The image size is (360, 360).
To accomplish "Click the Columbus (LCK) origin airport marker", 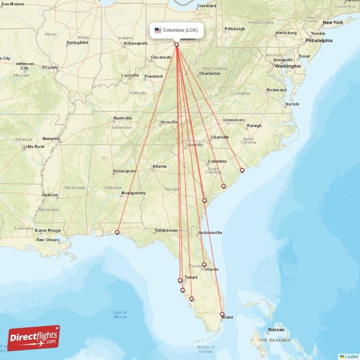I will point(176,45).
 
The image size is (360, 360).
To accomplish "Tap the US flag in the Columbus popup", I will point(158,31).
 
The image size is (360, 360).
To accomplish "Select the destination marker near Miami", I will point(222,314).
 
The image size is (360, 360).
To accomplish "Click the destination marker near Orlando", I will point(204,265).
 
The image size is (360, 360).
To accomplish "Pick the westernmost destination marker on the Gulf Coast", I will point(117,232).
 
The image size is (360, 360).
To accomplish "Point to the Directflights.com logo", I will point(34,337).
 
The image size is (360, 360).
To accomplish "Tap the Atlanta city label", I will point(159,166).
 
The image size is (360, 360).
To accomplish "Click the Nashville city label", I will point(122,118).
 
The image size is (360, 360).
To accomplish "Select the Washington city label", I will point(288,66).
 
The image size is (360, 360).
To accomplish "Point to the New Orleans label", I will point(48,240).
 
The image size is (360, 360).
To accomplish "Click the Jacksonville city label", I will point(209,233).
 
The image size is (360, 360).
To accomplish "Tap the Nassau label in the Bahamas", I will point(276,330).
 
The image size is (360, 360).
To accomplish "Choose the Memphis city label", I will point(51,139).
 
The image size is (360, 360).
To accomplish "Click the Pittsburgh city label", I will point(235,29).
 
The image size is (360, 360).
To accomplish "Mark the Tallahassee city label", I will point(166,230).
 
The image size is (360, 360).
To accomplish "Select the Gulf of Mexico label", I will point(120,315).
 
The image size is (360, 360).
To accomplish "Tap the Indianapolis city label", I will point(136,43).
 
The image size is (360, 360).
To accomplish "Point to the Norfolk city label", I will point(292,104).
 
